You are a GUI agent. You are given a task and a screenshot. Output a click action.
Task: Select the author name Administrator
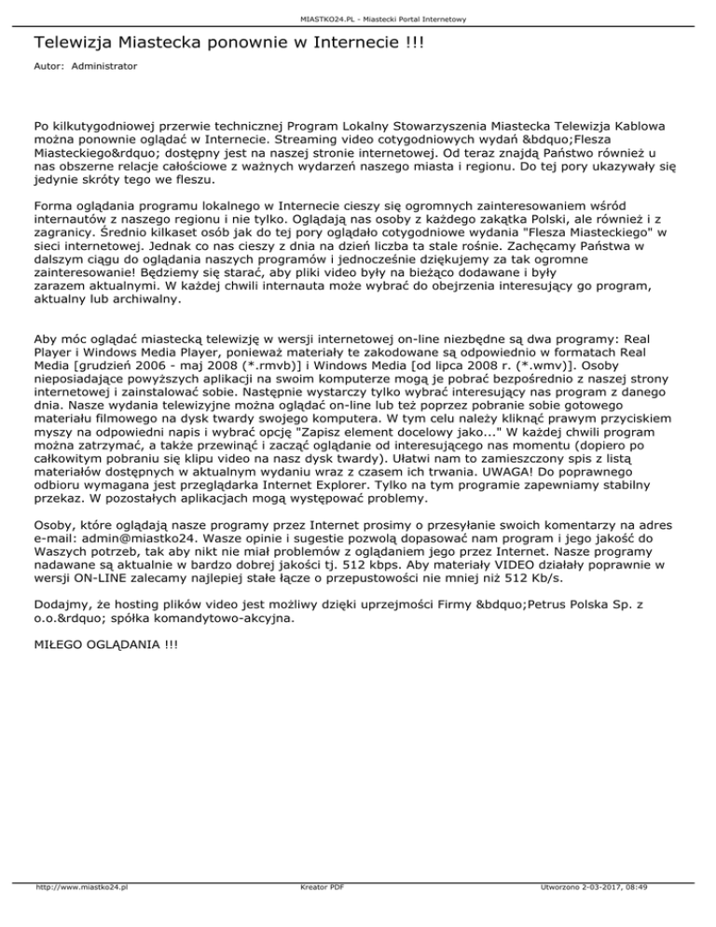(x=103, y=67)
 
